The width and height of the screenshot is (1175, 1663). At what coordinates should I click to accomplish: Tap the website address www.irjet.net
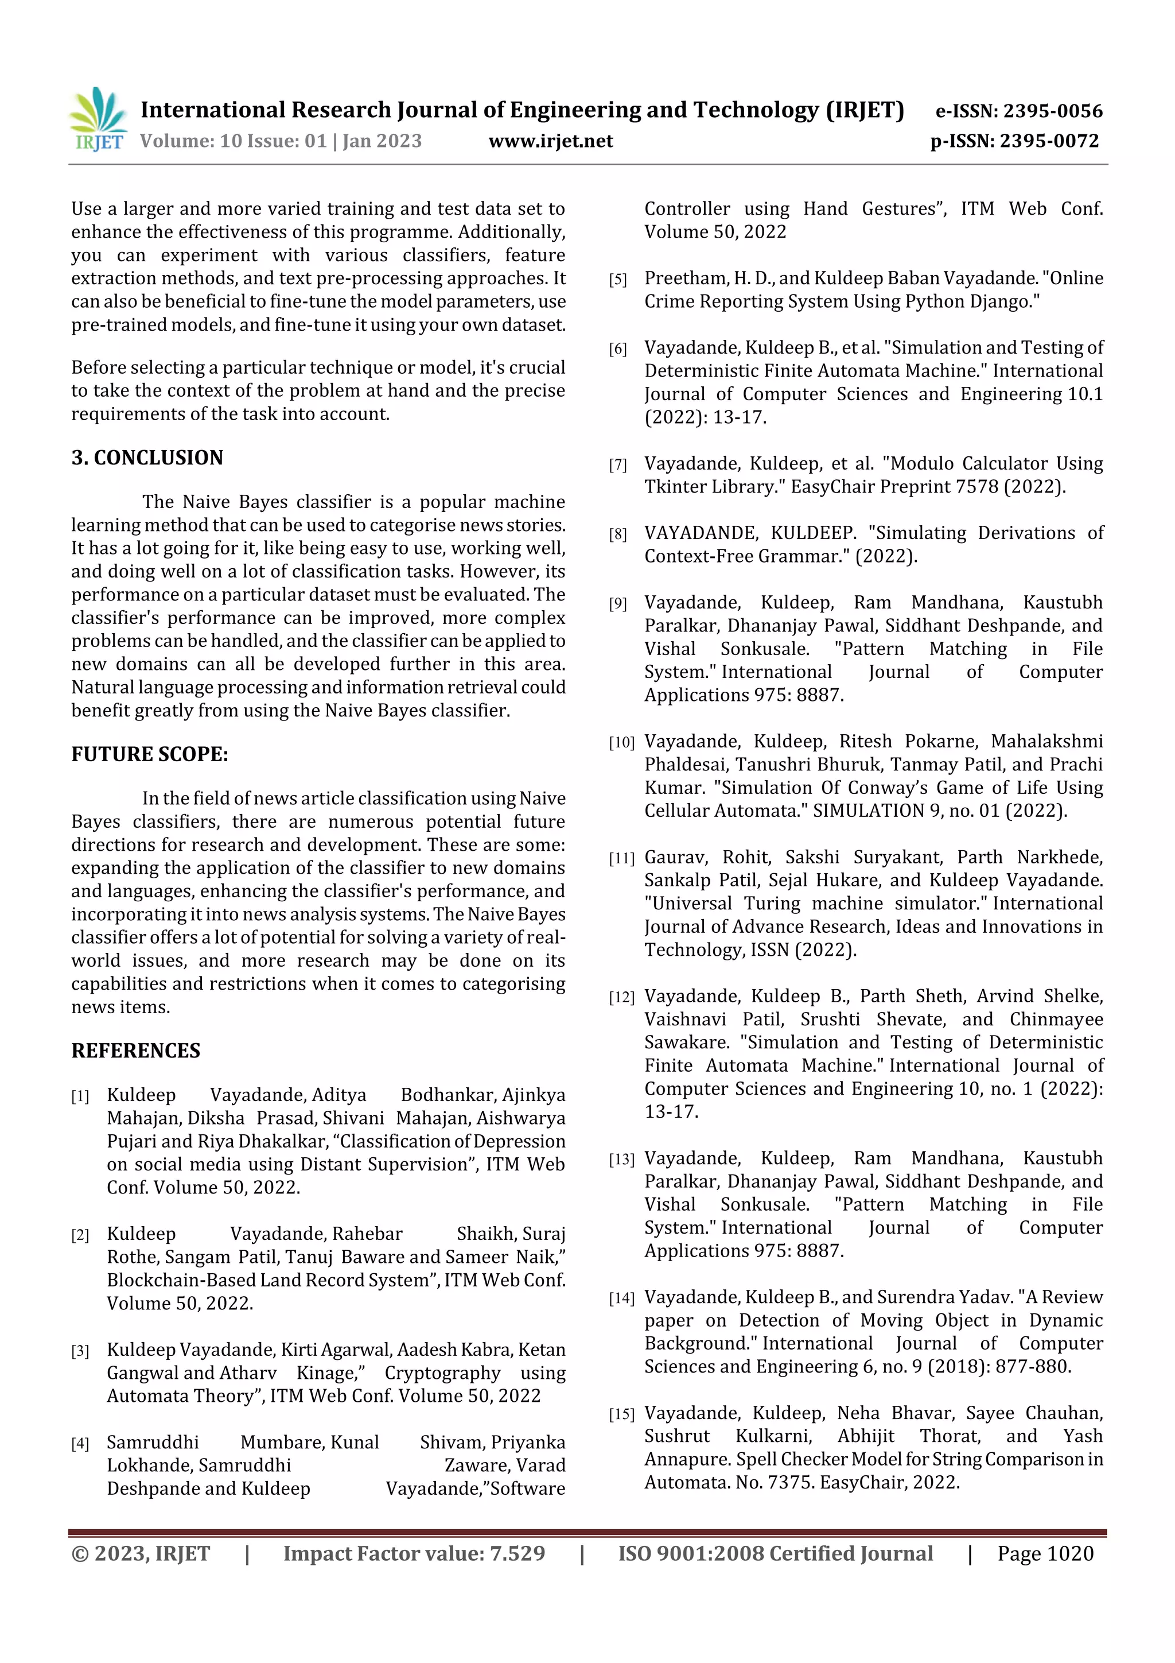click(x=550, y=141)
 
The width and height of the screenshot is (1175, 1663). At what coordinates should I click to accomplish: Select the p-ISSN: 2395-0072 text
click(x=1014, y=141)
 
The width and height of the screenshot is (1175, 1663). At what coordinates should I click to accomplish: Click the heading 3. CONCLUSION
click(x=147, y=458)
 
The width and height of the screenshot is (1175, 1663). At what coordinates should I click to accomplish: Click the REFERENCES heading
click(x=135, y=1051)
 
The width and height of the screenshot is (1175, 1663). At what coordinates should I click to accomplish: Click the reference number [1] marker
click(x=80, y=1096)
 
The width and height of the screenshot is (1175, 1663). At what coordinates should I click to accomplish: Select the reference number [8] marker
click(x=617, y=534)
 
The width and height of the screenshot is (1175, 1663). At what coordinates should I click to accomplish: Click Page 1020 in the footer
click(x=1045, y=1553)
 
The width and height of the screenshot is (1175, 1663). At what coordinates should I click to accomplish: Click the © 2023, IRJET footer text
click(x=141, y=1553)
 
